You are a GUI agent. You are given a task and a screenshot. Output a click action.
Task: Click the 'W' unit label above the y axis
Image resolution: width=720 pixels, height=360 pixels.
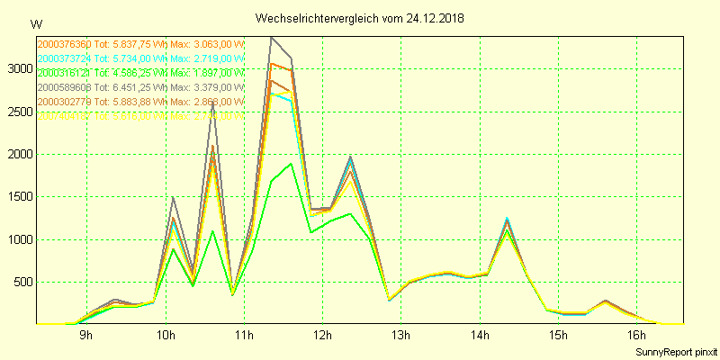36,23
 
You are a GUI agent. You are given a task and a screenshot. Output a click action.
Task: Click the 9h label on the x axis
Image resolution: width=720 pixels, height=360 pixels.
86,336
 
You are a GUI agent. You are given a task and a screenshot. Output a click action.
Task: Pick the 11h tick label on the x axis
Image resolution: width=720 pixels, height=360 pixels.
244,336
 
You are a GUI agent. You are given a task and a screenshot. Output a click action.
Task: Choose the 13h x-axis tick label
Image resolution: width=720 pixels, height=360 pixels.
401,336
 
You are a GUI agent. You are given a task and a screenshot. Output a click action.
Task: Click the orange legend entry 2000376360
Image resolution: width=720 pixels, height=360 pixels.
65,43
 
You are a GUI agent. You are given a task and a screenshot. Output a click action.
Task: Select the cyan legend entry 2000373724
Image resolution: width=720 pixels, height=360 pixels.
65,58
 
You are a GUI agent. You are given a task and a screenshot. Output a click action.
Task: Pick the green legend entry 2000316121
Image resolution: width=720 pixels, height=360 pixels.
65,72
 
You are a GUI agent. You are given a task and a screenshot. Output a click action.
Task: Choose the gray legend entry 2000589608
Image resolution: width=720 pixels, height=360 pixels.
65,87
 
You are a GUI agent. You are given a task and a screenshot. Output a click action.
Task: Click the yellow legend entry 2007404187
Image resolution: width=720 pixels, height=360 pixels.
65,116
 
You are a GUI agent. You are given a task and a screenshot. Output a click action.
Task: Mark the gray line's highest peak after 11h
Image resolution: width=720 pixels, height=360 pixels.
271,37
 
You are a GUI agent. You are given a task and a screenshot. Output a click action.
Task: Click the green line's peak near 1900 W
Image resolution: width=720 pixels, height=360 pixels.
291,164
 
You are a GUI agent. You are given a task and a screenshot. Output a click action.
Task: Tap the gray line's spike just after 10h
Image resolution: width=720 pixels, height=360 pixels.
173,197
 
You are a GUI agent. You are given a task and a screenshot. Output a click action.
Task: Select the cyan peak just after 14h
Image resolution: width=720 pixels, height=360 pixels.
508,219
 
